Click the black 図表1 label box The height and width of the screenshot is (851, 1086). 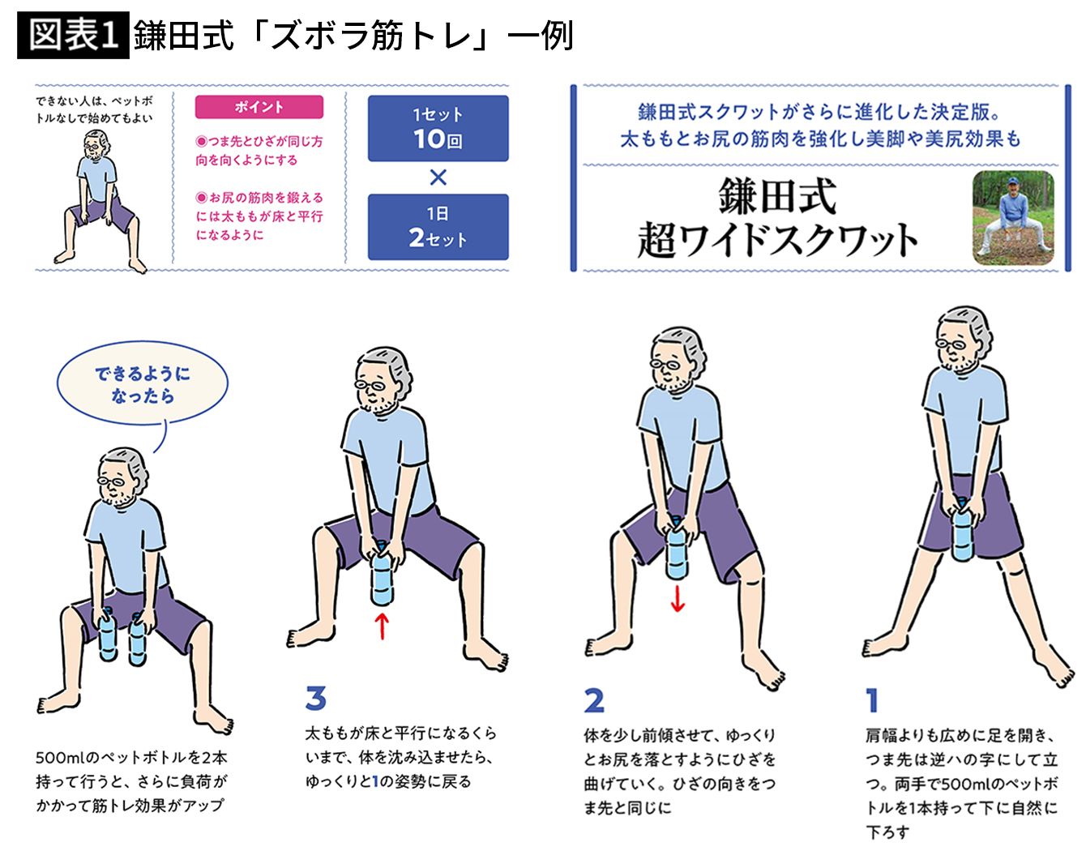pyautogui.click(x=73, y=35)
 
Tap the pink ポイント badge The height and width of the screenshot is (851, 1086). pyautogui.click(x=259, y=107)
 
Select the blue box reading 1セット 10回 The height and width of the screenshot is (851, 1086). pyautogui.click(x=438, y=128)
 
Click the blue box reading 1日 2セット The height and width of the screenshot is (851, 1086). pyautogui.click(x=438, y=227)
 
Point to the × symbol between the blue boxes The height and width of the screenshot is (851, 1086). pyautogui.click(x=438, y=177)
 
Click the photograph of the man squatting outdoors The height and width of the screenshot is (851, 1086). pyautogui.click(x=1013, y=217)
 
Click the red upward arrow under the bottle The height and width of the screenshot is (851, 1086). pyautogui.click(x=382, y=626)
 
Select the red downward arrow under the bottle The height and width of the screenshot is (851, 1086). pyautogui.click(x=678, y=599)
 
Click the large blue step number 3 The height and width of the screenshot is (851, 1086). pyautogui.click(x=316, y=698)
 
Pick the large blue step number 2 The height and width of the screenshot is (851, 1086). pyautogui.click(x=594, y=700)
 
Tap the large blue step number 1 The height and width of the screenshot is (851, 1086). pyautogui.click(x=872, y=700)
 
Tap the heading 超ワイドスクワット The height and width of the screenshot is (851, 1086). pyautogui.click(x=778, y=240)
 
